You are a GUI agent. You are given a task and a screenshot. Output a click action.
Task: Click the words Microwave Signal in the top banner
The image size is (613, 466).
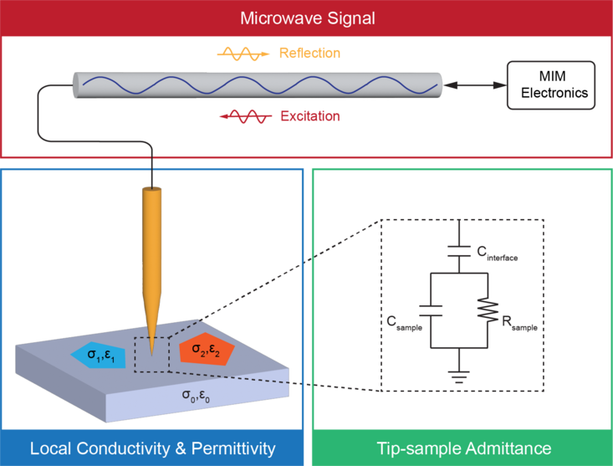[306, 18]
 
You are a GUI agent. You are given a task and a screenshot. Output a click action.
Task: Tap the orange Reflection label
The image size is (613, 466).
[311, 54]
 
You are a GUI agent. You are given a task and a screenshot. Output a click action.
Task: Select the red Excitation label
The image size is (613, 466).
[310, 117]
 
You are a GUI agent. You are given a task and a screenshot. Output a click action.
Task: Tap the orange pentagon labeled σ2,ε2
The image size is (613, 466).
[204, 348]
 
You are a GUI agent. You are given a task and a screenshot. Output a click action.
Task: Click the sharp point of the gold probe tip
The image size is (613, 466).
[151, 352]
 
